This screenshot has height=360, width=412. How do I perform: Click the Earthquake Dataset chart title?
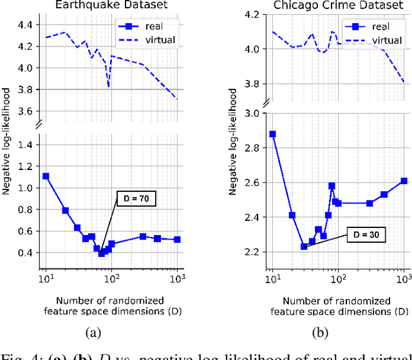[x=112, y=6]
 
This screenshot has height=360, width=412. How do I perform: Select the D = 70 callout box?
[x=136, y=200]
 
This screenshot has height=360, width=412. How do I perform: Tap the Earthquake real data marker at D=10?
[x=45, y=176]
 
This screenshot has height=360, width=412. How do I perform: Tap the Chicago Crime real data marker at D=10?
[x=272, y=134]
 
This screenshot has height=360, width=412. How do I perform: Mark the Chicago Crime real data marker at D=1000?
[x=404, y=181]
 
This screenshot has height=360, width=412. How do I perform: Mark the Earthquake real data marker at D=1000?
[x=177, y=239]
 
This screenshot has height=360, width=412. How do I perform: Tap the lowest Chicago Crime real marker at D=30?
[x=304, y=247]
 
